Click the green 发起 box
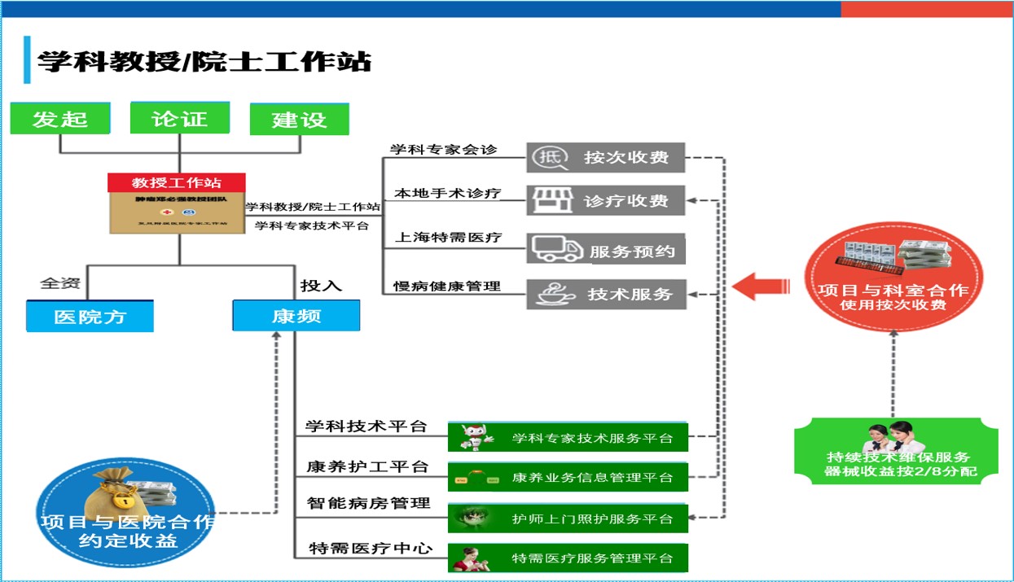60,119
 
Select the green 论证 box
180,118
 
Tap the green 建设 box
299,119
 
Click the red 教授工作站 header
177,182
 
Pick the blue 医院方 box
90,316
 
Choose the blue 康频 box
296,315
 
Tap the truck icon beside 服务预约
556,249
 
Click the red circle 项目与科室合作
893,278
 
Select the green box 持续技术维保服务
893,453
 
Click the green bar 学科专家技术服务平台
568,438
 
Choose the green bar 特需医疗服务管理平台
568,558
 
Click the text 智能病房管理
368,503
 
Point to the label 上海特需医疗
448,238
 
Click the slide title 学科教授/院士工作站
204,61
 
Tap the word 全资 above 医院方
60,284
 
